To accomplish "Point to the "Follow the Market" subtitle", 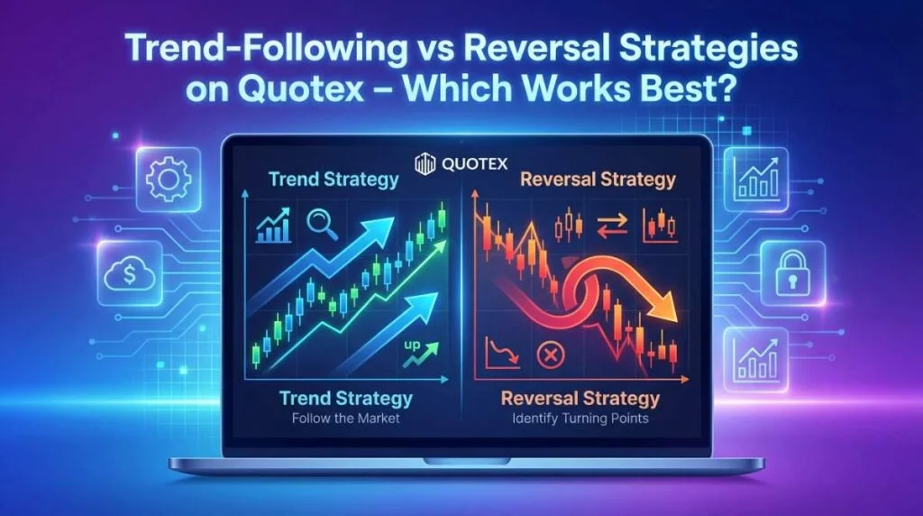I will point(346,419).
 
